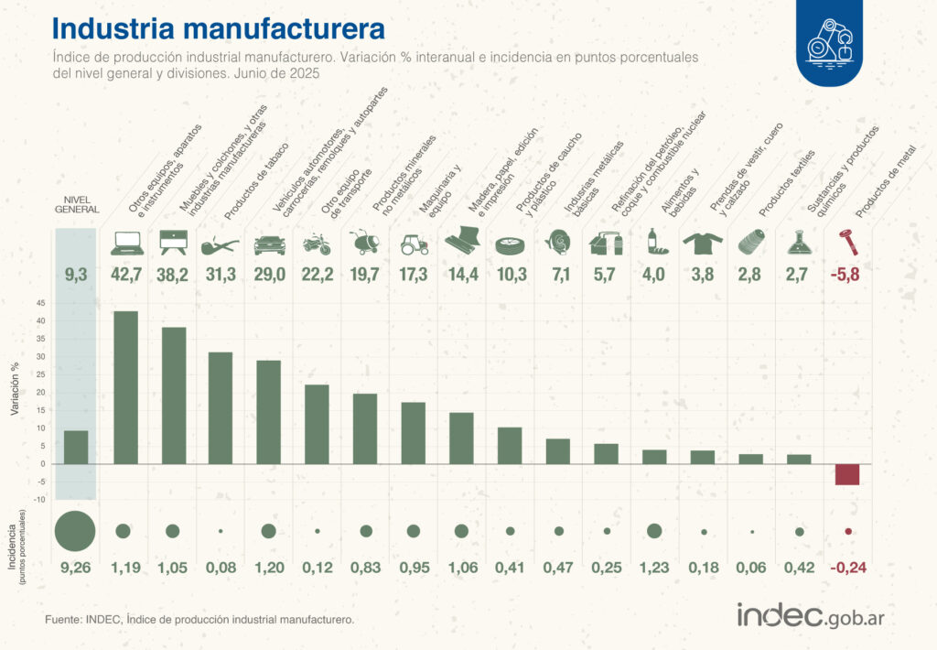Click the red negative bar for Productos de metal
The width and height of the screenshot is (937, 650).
coord(847,474)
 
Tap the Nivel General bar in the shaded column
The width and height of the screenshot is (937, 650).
coord(76,447)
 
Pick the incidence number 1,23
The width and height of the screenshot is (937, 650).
coord(654,569)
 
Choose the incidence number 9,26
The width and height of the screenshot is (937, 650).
coord(76,569)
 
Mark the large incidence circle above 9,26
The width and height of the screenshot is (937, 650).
coord(76,531)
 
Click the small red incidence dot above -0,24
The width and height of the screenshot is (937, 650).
coord(848,531)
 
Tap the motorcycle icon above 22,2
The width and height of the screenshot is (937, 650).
coord(317,244)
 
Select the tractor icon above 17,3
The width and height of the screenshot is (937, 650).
coord(414,244)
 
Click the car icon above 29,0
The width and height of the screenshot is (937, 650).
coord(268,244)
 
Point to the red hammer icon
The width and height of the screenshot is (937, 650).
coord(848,242)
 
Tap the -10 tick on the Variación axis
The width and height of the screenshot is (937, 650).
coord(38,499)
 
